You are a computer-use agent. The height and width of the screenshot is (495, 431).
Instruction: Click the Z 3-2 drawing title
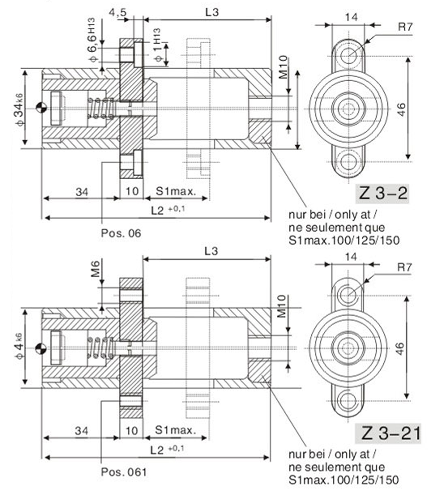click(382, 194)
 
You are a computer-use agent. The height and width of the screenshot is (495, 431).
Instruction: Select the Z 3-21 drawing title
click(388, 433)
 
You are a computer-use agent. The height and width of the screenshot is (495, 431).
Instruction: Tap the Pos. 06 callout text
click(121, 233)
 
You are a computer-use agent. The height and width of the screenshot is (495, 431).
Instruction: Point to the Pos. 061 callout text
click(124, 472)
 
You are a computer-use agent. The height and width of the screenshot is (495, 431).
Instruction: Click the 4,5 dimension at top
click(117, 12)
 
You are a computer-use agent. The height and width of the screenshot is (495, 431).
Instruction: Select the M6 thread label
click(95, 269)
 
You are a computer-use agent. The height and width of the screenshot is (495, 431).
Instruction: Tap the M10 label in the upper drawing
click(283, 67)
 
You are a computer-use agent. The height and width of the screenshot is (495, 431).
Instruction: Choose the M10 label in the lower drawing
click(281, 306)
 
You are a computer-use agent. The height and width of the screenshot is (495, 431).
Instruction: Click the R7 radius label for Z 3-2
click(405, 27)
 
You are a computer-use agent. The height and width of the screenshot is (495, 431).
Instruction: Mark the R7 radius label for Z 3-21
click(405, 267)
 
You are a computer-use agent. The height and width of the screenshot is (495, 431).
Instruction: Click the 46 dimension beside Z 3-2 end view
click(401, 109)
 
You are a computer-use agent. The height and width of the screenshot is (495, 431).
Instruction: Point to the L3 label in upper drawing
click(212, 12)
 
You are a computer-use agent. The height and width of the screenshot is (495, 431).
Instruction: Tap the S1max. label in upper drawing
click(176, 191)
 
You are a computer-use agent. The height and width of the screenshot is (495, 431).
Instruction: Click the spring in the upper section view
click(100, 108)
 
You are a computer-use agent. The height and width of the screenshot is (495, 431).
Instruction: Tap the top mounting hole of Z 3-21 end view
click(348, 295)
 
